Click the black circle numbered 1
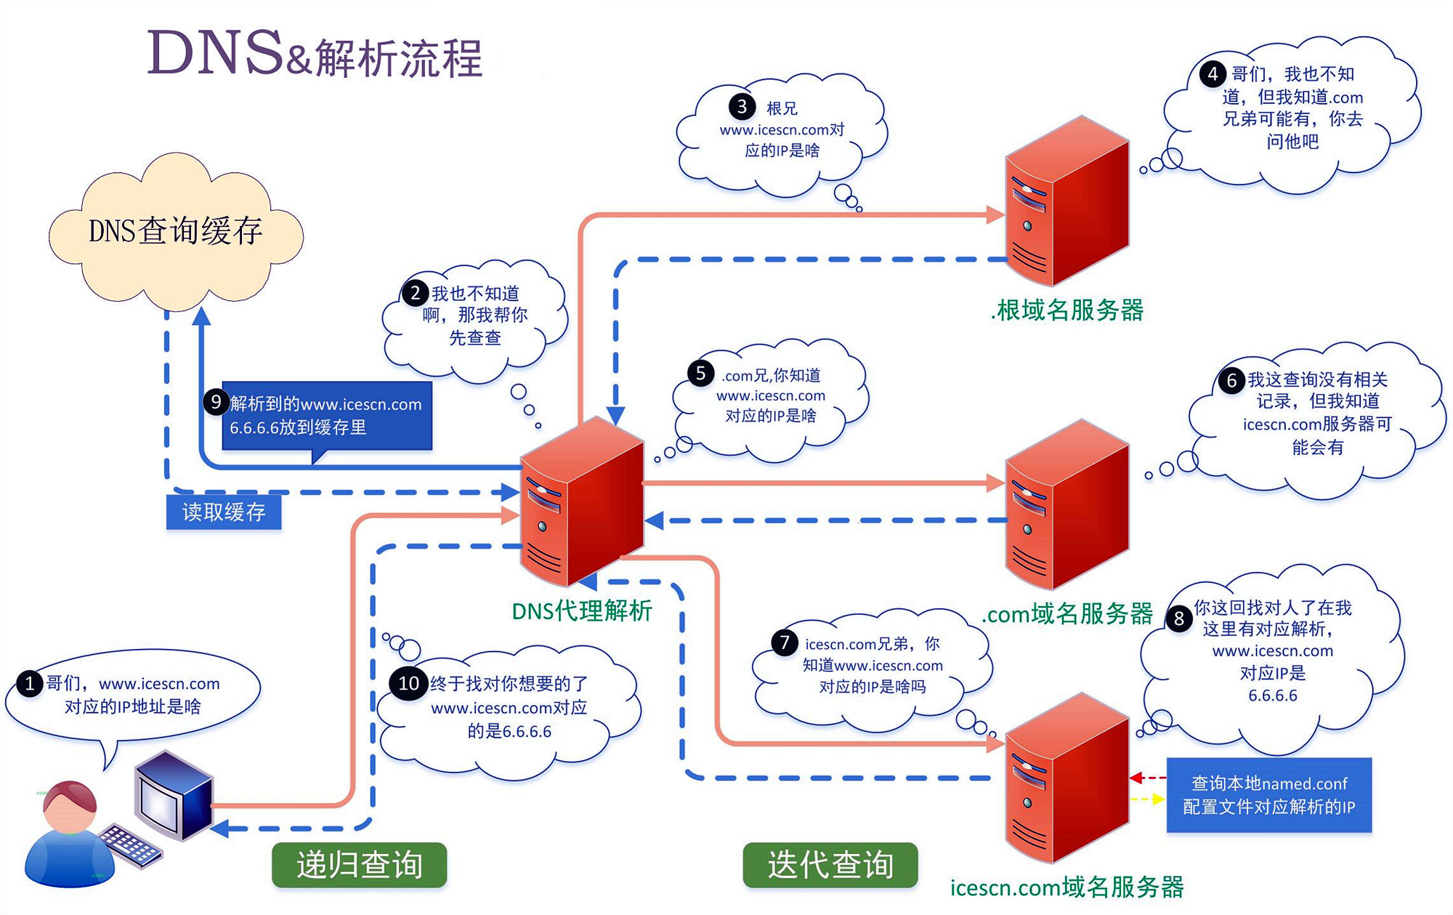[x=29, y=684]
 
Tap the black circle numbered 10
[x=408, y=684]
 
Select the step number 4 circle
[x=1213, y=73]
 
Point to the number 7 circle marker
[x=784, y=642]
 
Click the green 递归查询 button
[x=359, y=865]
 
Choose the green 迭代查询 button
[x=830, y=865]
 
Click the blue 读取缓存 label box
[x=224, y=512]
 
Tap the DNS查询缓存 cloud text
[x=175, y=231]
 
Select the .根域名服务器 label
[x=1067, y=310]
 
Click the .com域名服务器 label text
[x=1067, y=614]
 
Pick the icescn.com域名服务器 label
[x=1067, y=887]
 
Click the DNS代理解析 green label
[x=581, y=611]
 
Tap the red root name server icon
[x=1067, y=203]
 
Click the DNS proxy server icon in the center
[x=581, y=501]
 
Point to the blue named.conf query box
[x=1268, y=795]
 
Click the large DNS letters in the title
[x=215, y=53]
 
